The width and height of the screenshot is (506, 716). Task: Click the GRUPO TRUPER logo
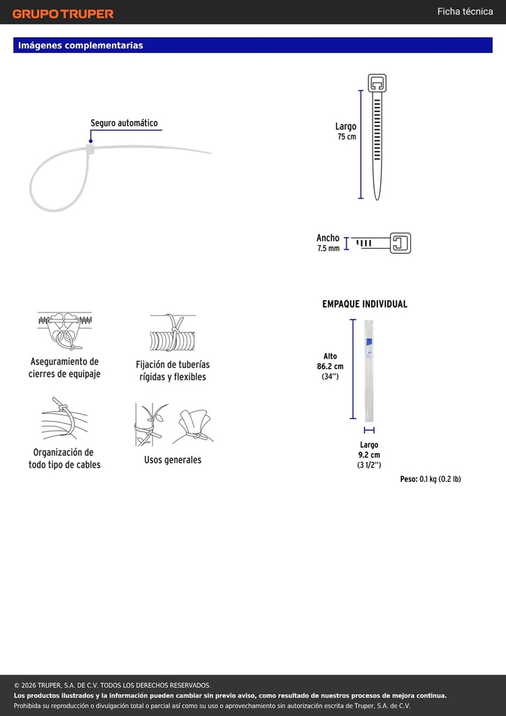click(x=63, y=14)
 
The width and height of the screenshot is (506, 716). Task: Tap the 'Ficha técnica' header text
click(x=465, y=12)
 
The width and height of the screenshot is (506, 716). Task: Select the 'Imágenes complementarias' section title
click(x=80, y=45)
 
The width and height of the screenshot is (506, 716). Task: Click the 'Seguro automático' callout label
click(x=124, y=123)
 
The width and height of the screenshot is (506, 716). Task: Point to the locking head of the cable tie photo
click(x=89, y=150)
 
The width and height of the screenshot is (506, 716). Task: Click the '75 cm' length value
click(x=347, y=136)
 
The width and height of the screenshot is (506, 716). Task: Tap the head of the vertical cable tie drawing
click(x=377, y=83)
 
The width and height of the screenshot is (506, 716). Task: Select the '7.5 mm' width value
click(x=328, y=249)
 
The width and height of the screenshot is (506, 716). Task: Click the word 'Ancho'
click(x=328, y=238)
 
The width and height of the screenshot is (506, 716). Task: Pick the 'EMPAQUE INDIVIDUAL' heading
click(x=365, y=304)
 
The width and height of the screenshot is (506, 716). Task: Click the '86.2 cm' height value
click(x=331, y=366)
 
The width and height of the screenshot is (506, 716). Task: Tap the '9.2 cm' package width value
click(x=369, y=454)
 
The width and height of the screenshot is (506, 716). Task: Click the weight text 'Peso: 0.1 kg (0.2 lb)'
click(x=431, y=479)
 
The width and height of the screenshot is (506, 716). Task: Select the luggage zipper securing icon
click(x=65, y=331)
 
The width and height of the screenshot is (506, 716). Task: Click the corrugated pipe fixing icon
click(x=173, y=332)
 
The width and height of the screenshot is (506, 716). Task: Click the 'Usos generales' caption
click(x=173, y=460)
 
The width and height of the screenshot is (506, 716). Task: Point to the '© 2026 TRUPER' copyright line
click(x=113, y=685)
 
